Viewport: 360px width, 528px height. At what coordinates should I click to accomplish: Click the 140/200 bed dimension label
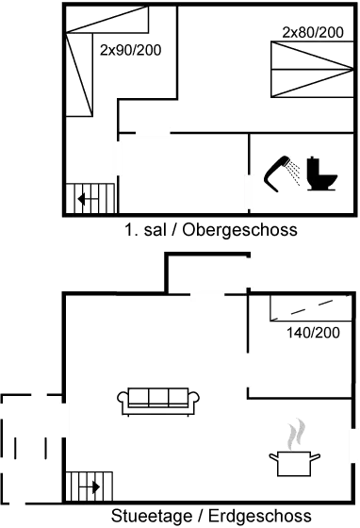311,334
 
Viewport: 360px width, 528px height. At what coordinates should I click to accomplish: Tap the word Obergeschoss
240,230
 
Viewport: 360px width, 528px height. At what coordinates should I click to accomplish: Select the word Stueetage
154,516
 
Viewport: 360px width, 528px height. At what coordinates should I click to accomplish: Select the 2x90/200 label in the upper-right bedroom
313,32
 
